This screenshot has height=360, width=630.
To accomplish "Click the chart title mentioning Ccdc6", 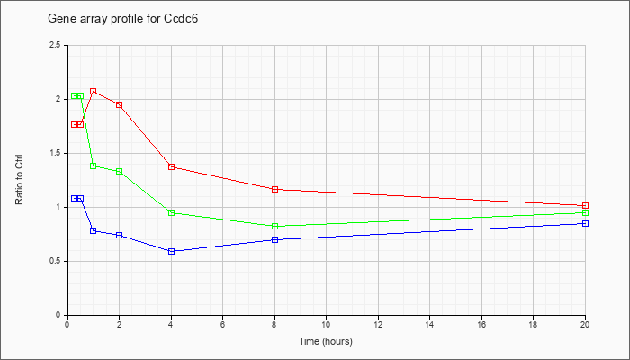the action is click(x=123, y=19).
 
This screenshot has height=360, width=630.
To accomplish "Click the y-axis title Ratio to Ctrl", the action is click(x=19, y=179).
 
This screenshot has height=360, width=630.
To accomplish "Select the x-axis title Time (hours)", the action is click(x=326, y=341).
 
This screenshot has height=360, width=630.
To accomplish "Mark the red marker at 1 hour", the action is click(x=94, y=92).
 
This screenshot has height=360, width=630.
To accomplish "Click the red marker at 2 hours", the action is click(x=120, y=105).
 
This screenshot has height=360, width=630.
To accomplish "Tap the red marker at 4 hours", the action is click(x=172, y=166).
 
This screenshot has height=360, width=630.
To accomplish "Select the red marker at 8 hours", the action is click(x=275, y=189).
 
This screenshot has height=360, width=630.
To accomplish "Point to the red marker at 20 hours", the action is click(x=585, y=206).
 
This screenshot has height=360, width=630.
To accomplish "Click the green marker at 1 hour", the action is click(x=94, y=166).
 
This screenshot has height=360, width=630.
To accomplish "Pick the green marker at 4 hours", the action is click(x=172, y=213).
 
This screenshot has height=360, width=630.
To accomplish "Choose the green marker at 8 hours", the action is click(x=275, y=227).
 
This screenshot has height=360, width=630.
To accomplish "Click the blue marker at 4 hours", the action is click(x=172, y=251).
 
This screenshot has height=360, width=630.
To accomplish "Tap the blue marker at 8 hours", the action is click(x=275, y=240).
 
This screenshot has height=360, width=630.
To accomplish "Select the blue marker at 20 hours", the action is click(x=585, y=224).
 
